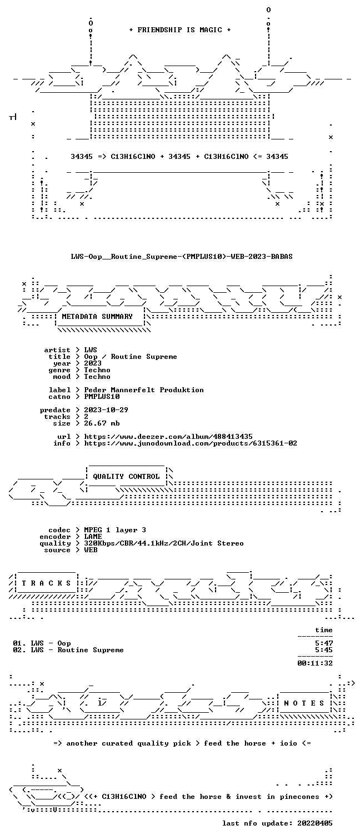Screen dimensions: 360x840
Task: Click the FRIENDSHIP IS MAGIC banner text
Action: click(x=180, y=30)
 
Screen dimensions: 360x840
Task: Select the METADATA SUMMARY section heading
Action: click(x=97, y=317)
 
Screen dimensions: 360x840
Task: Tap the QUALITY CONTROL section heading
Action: click(x=126, y=477)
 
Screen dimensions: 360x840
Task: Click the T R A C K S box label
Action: click(x=46, y=583)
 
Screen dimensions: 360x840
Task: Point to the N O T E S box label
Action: click(x=304, y=703)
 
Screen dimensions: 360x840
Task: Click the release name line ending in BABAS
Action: click(x=182, y=257)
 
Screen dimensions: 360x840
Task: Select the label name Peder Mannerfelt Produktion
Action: click(x=144, y=390)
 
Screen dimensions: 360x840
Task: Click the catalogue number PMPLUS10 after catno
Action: click(x=102, y=397)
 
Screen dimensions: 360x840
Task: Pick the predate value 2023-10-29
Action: click(x=106, y=410)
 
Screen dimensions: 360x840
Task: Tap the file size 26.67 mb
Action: click(x=102, y=423)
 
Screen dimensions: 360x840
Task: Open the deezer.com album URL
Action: click(x=168, y=437)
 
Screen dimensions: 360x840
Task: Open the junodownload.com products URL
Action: click(x=191, y=443)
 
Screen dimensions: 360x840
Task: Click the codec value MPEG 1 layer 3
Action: click(x=115, y=530)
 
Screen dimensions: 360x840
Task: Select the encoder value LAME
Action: click(x=93, y=537)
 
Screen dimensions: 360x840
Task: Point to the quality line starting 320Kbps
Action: click(x=163, y=543)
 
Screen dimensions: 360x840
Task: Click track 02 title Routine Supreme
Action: click(x=91, y=650)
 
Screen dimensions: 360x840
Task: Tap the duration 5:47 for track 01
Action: click(x=324, y=643)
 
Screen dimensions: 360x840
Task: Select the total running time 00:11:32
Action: click(x=315, y=663)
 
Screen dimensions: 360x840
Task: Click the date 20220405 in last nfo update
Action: click(x=315, y=823)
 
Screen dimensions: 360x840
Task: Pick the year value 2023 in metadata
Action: click(x=93, y=363)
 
